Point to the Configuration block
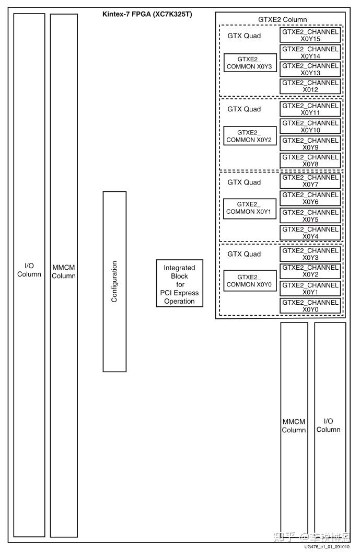(x=114, y=281)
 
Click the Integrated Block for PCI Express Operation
(x=179, y=284)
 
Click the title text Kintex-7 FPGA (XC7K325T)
(x=147, y=14)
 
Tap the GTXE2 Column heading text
(x=282, y=19)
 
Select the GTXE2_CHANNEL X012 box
(x=310, y=86)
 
